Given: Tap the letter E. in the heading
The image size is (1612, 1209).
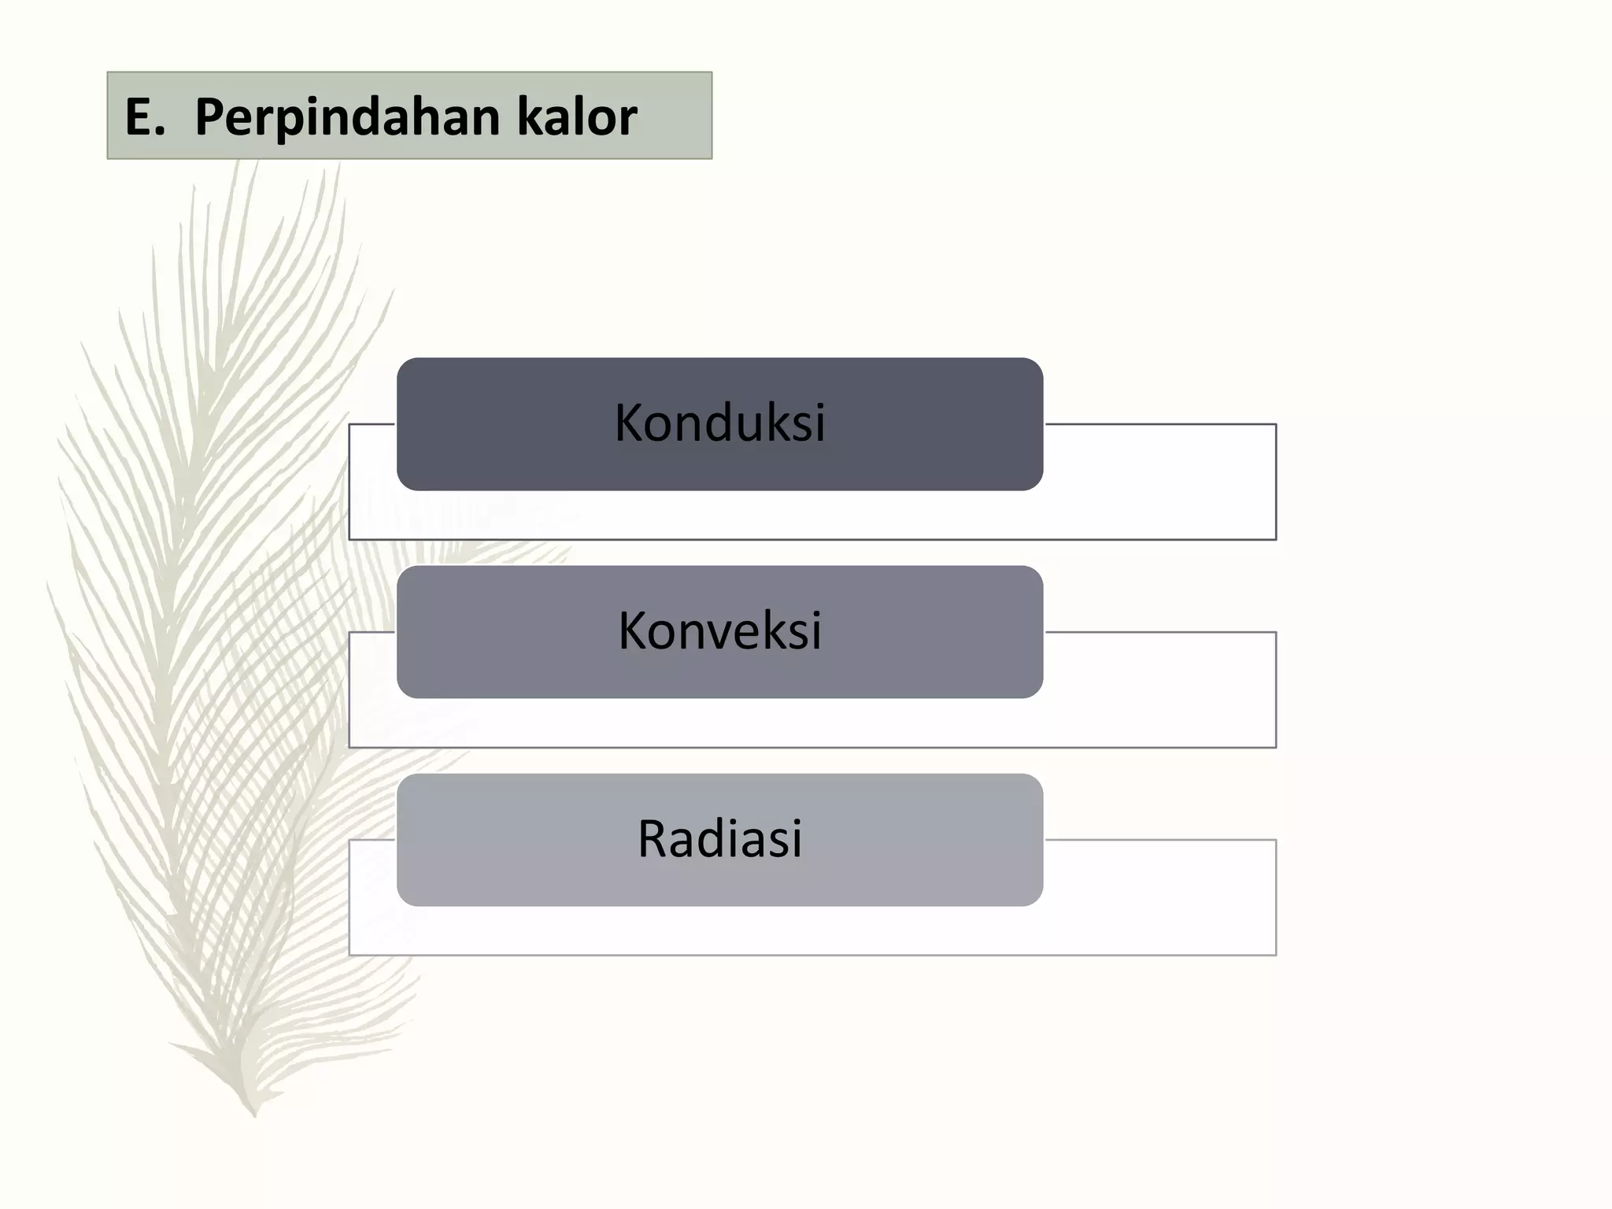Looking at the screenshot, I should (144, 118).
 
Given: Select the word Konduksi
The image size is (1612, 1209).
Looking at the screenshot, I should (719, 423).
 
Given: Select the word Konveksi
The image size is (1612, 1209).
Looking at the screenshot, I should (719, 631).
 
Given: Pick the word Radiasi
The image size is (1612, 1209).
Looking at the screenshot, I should (719, 839).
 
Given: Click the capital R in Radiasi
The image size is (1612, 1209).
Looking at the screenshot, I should (653, 839).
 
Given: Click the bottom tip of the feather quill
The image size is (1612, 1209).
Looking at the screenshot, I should (254, 1115).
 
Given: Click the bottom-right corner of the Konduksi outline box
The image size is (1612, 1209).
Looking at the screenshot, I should (1276, 539).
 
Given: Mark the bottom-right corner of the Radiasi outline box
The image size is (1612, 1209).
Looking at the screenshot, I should (1276, 955).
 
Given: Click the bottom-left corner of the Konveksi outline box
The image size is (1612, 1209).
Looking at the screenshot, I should (349, 747).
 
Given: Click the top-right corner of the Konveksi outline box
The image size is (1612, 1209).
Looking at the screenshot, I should (1276, 632).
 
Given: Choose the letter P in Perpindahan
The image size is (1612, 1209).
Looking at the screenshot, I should (209, 118).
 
